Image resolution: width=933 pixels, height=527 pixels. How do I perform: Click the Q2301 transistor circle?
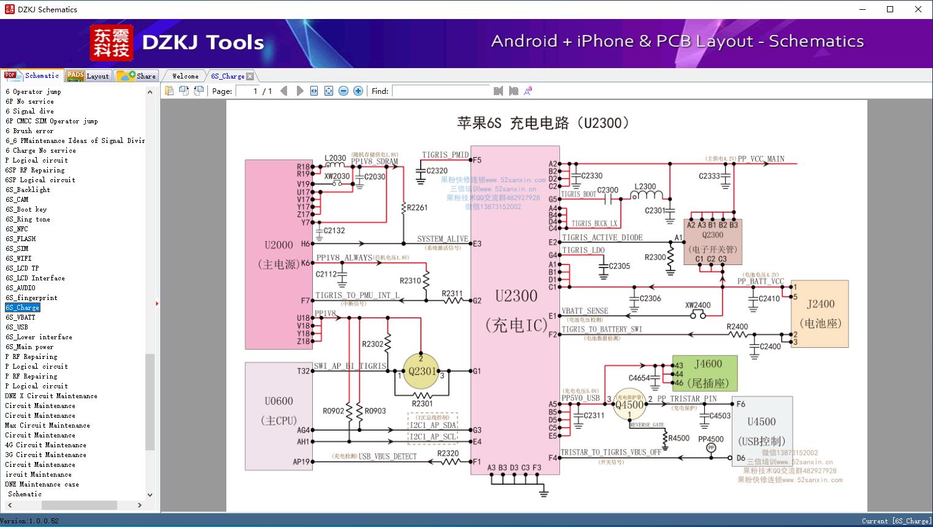421,371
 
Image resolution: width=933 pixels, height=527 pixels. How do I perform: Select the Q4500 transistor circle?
629,404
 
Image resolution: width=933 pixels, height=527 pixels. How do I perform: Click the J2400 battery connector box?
820,314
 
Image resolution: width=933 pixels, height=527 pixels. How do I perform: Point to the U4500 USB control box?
761,431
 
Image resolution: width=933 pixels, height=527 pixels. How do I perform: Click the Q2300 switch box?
712,241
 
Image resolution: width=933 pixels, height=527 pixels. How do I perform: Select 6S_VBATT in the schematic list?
20,317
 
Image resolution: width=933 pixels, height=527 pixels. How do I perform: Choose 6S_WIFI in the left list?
18,258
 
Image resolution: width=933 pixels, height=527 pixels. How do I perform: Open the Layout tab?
88,76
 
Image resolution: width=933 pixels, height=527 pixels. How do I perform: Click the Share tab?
137,76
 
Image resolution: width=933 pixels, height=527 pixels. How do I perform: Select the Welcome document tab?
185,76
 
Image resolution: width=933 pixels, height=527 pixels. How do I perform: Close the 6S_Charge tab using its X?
250,77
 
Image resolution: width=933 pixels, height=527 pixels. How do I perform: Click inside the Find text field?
442,91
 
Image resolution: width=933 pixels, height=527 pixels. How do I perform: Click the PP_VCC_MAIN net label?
761,159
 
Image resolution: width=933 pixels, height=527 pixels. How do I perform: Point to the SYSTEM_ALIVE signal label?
442,239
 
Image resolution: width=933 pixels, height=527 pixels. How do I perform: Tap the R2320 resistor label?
448,453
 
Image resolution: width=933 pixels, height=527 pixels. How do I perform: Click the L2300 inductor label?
645,187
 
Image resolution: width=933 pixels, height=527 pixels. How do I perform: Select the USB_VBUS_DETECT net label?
387,456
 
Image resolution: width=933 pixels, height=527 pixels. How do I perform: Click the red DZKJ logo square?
111,43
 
